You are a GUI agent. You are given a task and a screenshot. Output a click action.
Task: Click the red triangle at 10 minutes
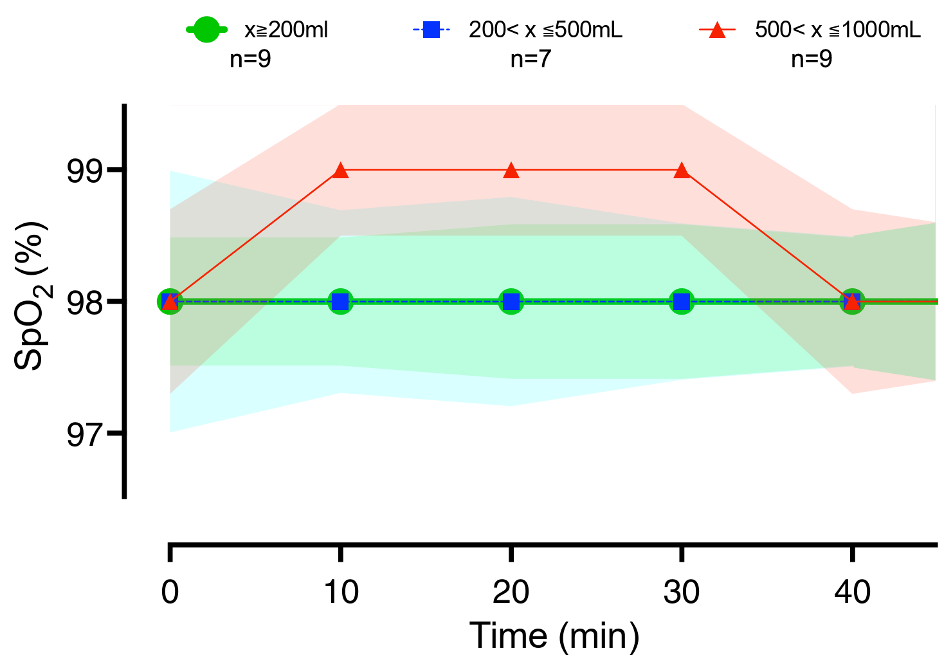tap(341, 171)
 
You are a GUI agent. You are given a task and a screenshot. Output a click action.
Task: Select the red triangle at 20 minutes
tap(511, 171)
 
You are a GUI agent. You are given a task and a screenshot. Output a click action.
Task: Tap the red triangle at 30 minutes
tap(682, 171)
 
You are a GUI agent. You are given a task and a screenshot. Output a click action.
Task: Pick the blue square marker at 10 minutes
tap(340, 301)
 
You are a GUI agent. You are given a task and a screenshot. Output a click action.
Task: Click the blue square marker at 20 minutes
tap(511, 301)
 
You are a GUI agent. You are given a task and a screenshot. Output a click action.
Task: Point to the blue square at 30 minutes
tap(682, 301)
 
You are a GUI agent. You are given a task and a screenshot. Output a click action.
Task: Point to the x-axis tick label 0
tap(170, 592)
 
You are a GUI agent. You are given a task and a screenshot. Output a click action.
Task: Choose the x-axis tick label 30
tap(682, 592)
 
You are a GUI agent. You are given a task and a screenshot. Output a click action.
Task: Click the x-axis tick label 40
tap(853, 592)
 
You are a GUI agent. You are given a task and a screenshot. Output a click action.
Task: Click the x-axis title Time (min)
tap(554, 636)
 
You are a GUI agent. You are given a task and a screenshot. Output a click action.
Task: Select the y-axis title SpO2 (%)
tap(30, 296)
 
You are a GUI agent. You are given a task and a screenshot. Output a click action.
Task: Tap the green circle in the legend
tap(206, 29)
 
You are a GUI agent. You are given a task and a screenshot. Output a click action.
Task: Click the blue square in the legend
tap(431, 30)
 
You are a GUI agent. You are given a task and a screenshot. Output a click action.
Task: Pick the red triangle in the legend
tap(717, 30)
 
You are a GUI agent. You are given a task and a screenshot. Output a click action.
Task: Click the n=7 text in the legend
tap(531, 59)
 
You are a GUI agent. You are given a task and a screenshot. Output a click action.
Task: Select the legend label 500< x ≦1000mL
tap(838, 30)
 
